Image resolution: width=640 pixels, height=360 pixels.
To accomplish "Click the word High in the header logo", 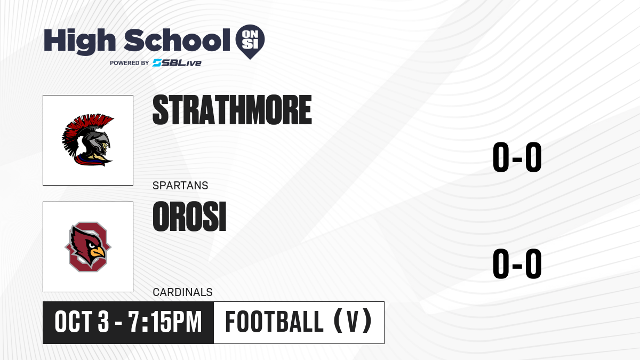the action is coord(79,42).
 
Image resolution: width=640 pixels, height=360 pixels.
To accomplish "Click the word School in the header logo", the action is coord(177,40).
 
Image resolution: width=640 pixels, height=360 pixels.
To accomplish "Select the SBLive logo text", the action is coord(177,62).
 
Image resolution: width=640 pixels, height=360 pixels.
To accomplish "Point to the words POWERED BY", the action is coord(130,63).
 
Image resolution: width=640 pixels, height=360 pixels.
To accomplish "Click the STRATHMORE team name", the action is coord(233,110).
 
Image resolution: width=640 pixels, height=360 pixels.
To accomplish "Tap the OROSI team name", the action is coord(190,217).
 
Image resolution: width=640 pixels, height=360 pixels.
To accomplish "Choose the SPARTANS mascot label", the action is coord(180,186).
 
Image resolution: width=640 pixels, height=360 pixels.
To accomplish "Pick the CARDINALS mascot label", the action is coord(182,292).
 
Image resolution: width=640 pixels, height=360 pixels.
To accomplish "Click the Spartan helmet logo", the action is coord(88,140).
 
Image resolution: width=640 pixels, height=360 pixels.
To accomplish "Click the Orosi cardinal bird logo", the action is coord(88,247).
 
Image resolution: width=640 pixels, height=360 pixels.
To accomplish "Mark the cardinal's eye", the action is coord(92,245).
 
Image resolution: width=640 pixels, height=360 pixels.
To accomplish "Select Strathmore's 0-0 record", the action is coord(517,157).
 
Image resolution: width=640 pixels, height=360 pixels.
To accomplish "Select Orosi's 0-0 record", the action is coord(517,263).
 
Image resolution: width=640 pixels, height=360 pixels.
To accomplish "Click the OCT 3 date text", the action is coord(82,322).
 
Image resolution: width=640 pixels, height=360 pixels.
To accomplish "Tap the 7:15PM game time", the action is coord(165,322).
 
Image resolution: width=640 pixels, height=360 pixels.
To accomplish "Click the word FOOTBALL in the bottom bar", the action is coord(274,322).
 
